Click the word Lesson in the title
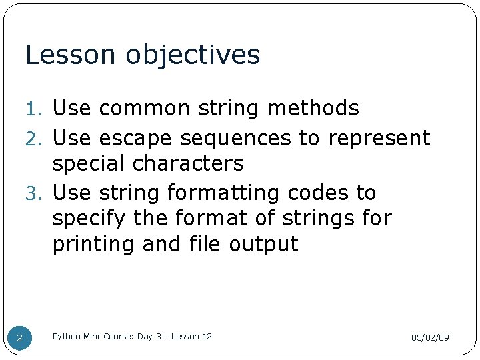(58, 55)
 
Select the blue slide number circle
(19, 338)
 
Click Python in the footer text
(66, 337)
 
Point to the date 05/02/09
(429, 338)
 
